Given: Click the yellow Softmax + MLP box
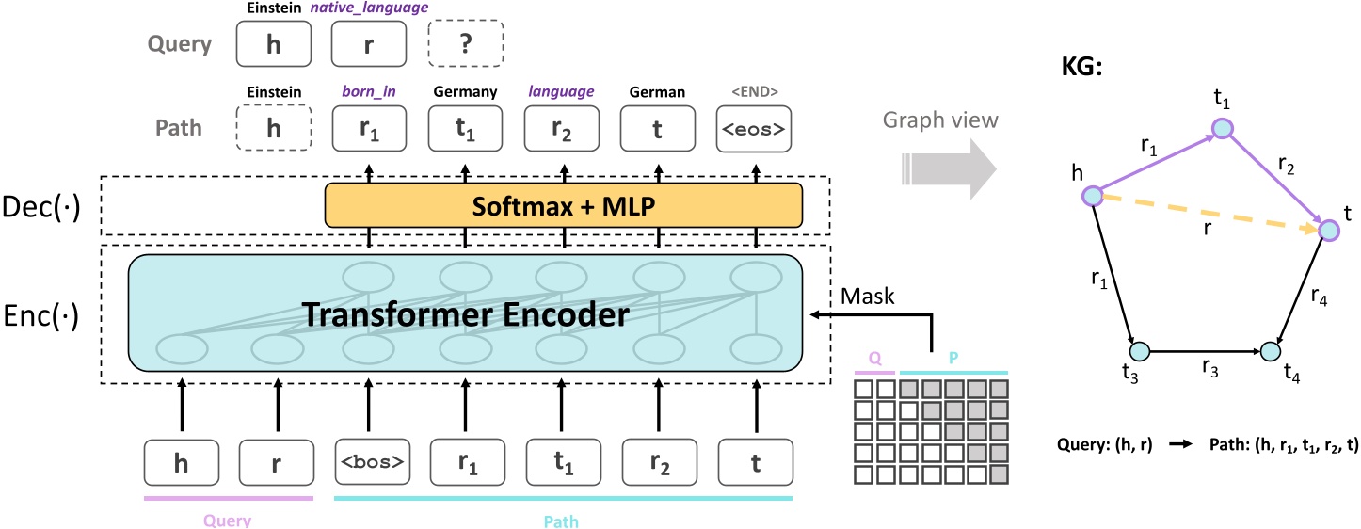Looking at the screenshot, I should tap(563, 205).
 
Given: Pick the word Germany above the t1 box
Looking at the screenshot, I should tap(465, 92).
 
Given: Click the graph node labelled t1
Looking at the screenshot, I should tap(1222, 128).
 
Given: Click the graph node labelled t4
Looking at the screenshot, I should tap(1270, 351).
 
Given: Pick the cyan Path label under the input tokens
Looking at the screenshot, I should tap(563, 519).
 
